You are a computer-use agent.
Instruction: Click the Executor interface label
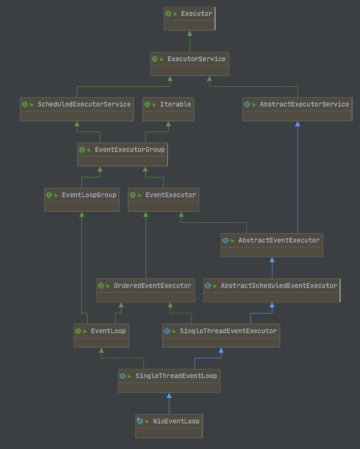(x=196, y=14)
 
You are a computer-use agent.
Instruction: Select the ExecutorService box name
(x=197, y=59)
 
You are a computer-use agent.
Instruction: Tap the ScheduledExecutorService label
(x=84, y=104)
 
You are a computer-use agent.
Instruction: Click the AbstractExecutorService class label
(x=304, y=104)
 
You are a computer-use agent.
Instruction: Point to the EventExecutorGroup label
(x=129, y=150)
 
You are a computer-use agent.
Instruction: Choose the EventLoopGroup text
(x=89, y=195)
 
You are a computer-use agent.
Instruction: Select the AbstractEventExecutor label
(x=279, y=240)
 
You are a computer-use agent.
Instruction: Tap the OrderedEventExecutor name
(x=152, y=286)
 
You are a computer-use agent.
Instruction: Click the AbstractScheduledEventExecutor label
(x=279, y=286)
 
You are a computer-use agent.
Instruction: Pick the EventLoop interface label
(x=108, y=331)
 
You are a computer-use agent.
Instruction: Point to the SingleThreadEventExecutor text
(x=228, y=331)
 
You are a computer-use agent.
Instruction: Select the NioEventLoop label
(x=176, y=421)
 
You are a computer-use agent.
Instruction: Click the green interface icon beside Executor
(x=169, y=14)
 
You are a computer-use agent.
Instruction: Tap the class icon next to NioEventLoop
(x=140, y=421)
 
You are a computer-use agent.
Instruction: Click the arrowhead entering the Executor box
(x=189, y=33)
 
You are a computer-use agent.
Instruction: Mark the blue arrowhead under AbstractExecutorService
(x=298, y=124)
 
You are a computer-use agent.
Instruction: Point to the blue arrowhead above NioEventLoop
(x=169, y=396)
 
